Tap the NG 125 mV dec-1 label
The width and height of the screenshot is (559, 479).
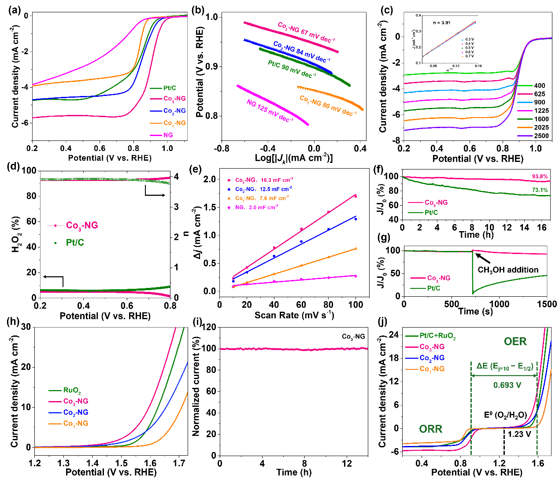point(270,111)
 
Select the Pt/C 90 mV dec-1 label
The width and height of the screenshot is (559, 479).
point(292,70)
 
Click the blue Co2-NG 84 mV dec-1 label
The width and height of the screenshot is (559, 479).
point(301,52)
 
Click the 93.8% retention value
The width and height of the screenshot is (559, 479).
point(540,177)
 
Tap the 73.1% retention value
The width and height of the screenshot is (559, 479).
point(540,190)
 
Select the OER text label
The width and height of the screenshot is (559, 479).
point(515,342)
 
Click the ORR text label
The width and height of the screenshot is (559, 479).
point(430,429)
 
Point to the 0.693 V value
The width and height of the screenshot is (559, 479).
point(507,385)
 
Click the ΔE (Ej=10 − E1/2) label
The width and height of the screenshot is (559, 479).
point(505,366)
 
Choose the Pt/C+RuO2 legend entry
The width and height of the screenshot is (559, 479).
point(437,336)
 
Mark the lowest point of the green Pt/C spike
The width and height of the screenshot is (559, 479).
point(473,293)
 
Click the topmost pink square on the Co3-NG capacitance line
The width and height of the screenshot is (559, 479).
point(355,196)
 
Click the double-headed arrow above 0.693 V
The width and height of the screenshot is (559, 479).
point(504,376)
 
